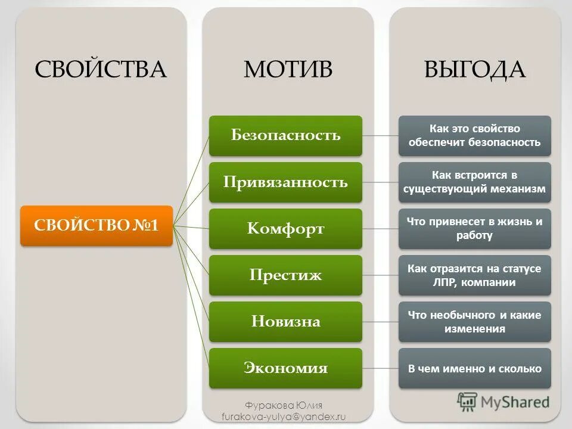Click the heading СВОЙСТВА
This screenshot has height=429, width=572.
101,70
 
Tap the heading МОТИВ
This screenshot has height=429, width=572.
288,70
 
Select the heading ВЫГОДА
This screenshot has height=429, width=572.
475,70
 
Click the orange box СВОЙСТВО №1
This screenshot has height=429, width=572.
97,226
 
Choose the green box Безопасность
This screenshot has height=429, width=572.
285,135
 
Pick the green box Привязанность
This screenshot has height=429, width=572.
285,182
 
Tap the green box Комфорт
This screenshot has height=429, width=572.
285,228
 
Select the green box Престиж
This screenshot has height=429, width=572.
285,275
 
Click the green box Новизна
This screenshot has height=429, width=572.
285,322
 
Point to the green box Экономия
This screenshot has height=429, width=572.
285,368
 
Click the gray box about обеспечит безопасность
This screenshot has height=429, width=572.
474,135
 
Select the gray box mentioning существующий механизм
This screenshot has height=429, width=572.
474,182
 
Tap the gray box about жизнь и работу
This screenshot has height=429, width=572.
474,228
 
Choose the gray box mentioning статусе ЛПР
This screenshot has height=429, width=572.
474,275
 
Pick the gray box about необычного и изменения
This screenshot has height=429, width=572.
474,322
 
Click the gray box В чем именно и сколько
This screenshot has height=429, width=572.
474,368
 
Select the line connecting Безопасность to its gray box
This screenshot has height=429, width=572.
380,135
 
